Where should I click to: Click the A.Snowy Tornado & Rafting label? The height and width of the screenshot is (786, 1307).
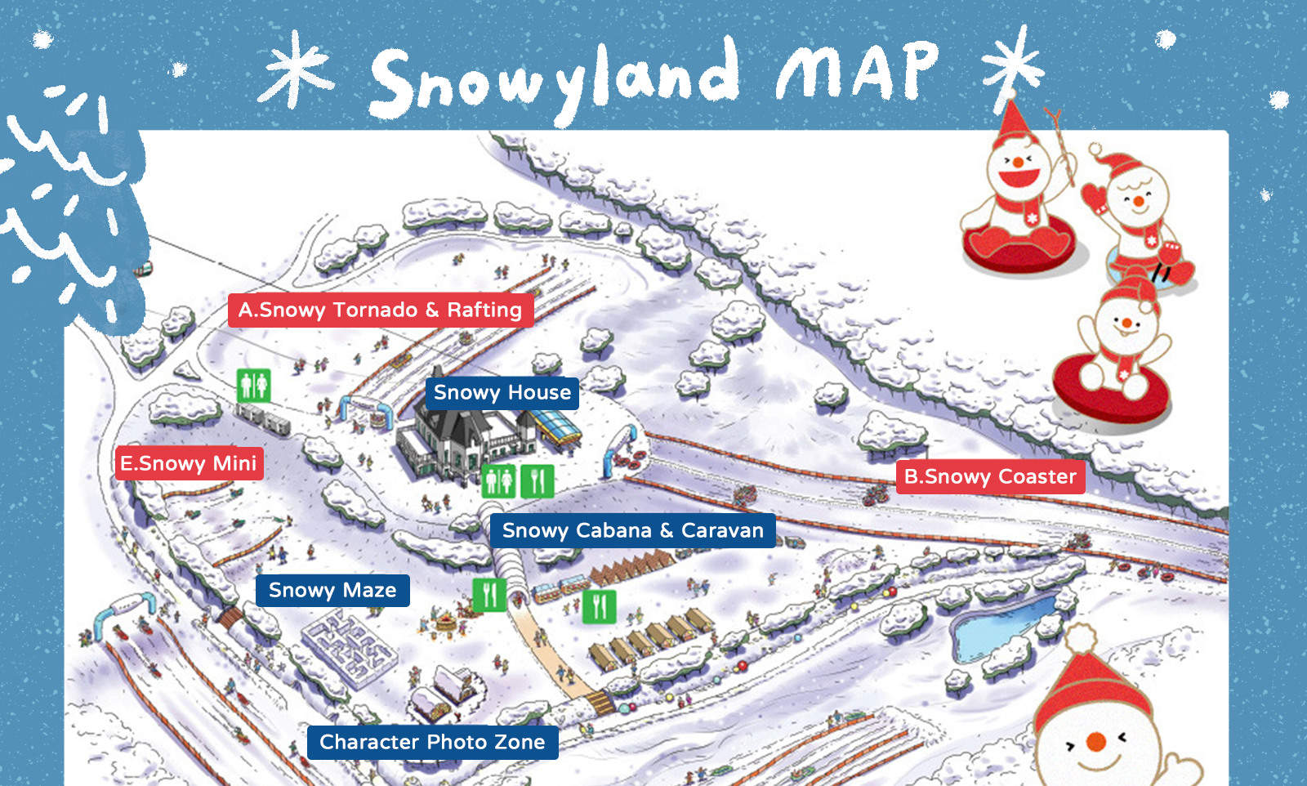(x=380, y=310)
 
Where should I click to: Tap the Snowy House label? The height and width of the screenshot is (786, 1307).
(x=502, y=393)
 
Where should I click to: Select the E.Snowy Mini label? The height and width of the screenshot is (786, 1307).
(x=189, y=464)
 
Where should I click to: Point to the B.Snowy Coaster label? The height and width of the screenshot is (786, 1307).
(x=990, y=477)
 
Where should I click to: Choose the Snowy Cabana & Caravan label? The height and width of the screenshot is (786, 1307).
(x=632, y=531)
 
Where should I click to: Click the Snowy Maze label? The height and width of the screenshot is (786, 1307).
(x=332, y=591)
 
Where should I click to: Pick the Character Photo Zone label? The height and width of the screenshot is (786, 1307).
(x=432, y=743)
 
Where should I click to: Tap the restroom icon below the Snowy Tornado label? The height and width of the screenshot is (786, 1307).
(x=253, y=385)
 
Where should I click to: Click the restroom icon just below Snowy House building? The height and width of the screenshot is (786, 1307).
(x=497, y=481)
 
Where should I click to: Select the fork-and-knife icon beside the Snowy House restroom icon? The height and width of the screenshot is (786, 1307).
(x=537, y=481)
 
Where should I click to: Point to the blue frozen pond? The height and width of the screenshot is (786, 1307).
(x=1001, y=625)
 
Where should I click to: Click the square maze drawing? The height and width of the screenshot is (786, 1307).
(x=349, y=646)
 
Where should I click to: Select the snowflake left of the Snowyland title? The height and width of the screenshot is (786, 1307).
(x=296, y=69)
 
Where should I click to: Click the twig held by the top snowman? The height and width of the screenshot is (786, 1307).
(x=1062, y=147)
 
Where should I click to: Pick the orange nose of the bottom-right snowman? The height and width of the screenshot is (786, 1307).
(x=1095, y=742)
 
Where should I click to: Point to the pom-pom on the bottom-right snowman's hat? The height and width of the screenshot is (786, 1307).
(x=1081, y=637)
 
